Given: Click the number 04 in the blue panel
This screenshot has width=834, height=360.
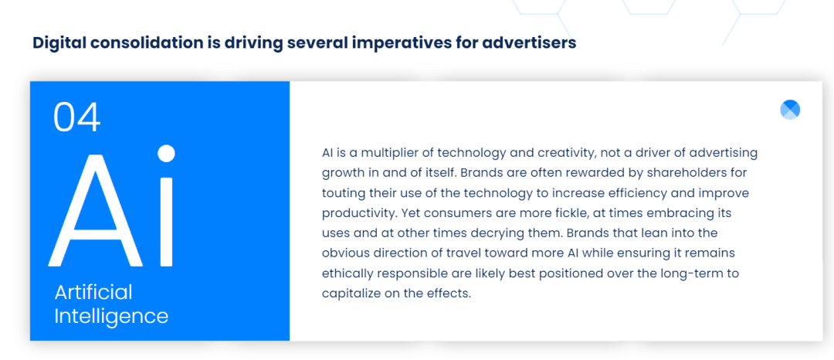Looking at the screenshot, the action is click(76, 117).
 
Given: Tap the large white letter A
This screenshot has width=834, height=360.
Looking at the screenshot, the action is click(96, 210).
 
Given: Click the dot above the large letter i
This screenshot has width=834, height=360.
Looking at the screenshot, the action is click(167, 153).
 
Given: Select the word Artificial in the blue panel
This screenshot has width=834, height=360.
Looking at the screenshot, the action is click(93, 292).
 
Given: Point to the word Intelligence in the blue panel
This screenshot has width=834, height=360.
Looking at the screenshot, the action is click(111, 316).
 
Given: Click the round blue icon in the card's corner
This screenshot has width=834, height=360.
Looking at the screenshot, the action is click(790, 110).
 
